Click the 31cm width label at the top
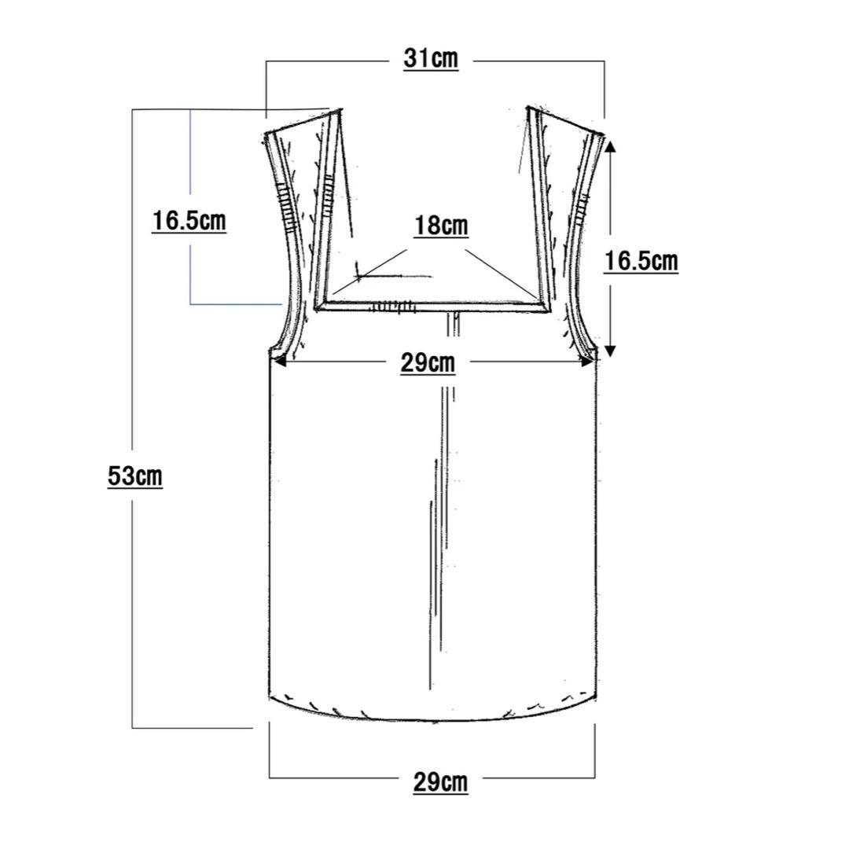(x=431, y=58)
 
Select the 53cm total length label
(x=135, y=476)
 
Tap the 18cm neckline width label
(x=441, y=226)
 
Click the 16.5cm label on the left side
(x=189, y=221)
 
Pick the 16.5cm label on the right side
(x=641, y=261)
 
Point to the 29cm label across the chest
(x=428, y=362)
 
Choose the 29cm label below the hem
(x=441, y=782)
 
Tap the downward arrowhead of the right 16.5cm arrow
(x=610, y=351)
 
